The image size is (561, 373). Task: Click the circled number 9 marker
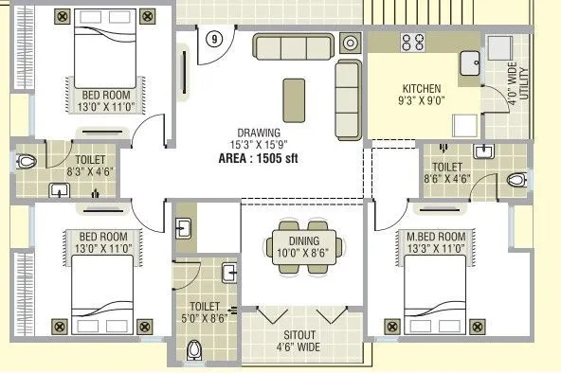tap(215, 40)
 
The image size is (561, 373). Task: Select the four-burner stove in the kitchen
tap(413, 43)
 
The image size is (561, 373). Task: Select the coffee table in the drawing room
tap(295, 97)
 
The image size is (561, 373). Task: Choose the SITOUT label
tap(302, 335)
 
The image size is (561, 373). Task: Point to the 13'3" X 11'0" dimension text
tap(438, 248)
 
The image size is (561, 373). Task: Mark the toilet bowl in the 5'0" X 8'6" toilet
tap(196, 351)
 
